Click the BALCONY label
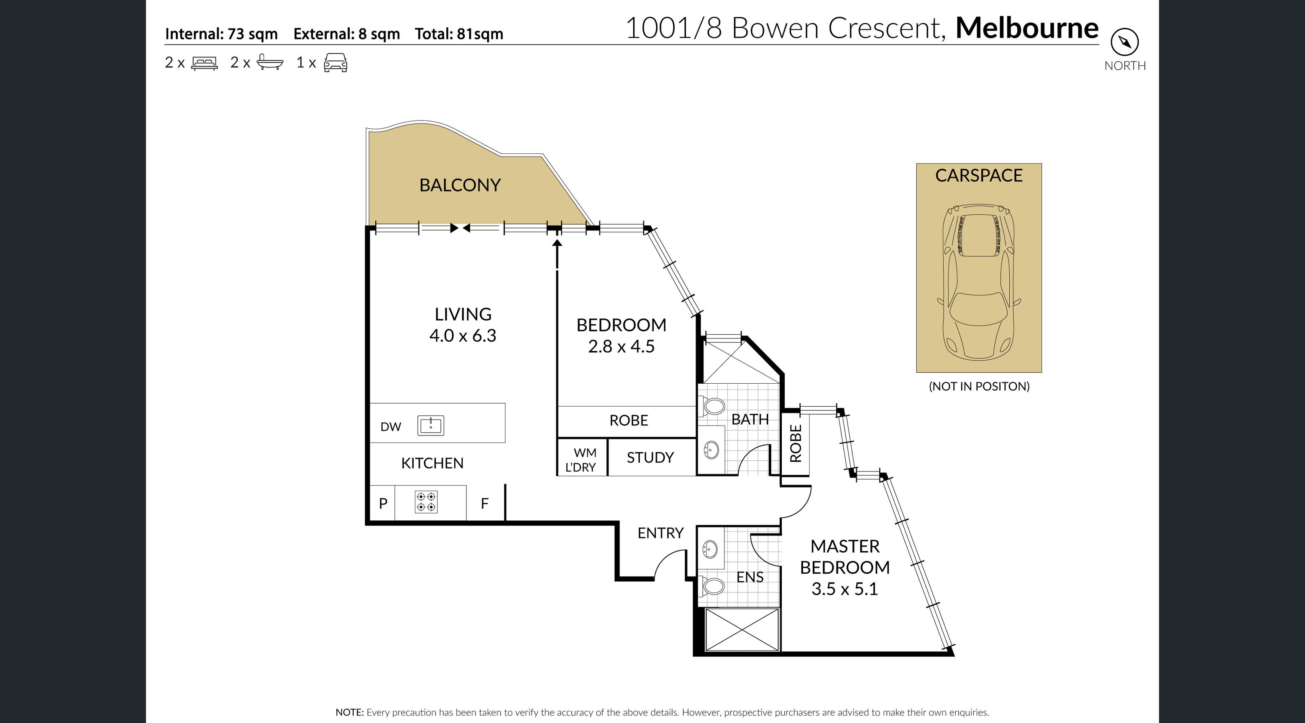pos(460,185)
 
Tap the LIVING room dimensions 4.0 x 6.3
pos(463,336)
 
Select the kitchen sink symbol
pos(431,426)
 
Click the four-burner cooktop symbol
pos(426,502)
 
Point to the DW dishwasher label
pos(391,427)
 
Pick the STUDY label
pos(650,457)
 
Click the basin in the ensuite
pos(710,548)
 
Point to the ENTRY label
pos(660,533)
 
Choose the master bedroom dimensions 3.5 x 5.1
pos(844,589)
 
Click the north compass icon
pos(1125,41)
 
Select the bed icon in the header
pos(204,63)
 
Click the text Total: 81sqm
pos(459,34)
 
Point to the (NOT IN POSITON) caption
pos(979,386)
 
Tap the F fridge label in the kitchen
pos(485,504)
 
